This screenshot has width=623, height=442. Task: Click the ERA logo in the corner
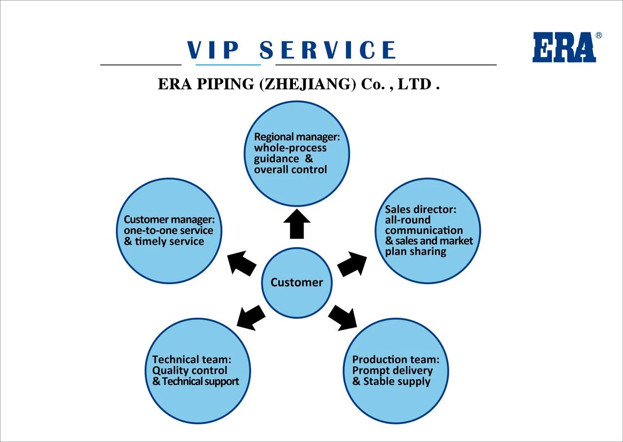pos(564,47)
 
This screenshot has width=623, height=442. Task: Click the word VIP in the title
pos(213,50)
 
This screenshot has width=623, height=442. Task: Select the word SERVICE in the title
pos(328,50)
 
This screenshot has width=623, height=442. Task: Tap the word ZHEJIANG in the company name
pos(308,84)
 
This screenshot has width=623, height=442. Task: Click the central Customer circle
pos(297,283)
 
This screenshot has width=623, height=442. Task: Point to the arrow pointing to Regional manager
pos(297,224)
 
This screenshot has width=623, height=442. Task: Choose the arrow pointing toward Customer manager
pos(242,264)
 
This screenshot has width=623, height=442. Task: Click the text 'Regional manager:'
pos(296,137)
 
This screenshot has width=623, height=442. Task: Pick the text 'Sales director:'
pos(421,210)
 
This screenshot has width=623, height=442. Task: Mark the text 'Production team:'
pos(396,360)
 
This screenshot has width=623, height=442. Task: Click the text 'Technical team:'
pos(191,360)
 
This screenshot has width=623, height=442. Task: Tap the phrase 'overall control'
pos(290,170)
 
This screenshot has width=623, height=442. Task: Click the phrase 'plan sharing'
pos(415,251)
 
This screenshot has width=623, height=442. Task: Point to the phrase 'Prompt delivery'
pos(392,370)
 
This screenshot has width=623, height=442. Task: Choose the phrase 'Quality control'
pos(189,370)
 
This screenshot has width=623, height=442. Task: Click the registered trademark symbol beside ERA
pos(598,36)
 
